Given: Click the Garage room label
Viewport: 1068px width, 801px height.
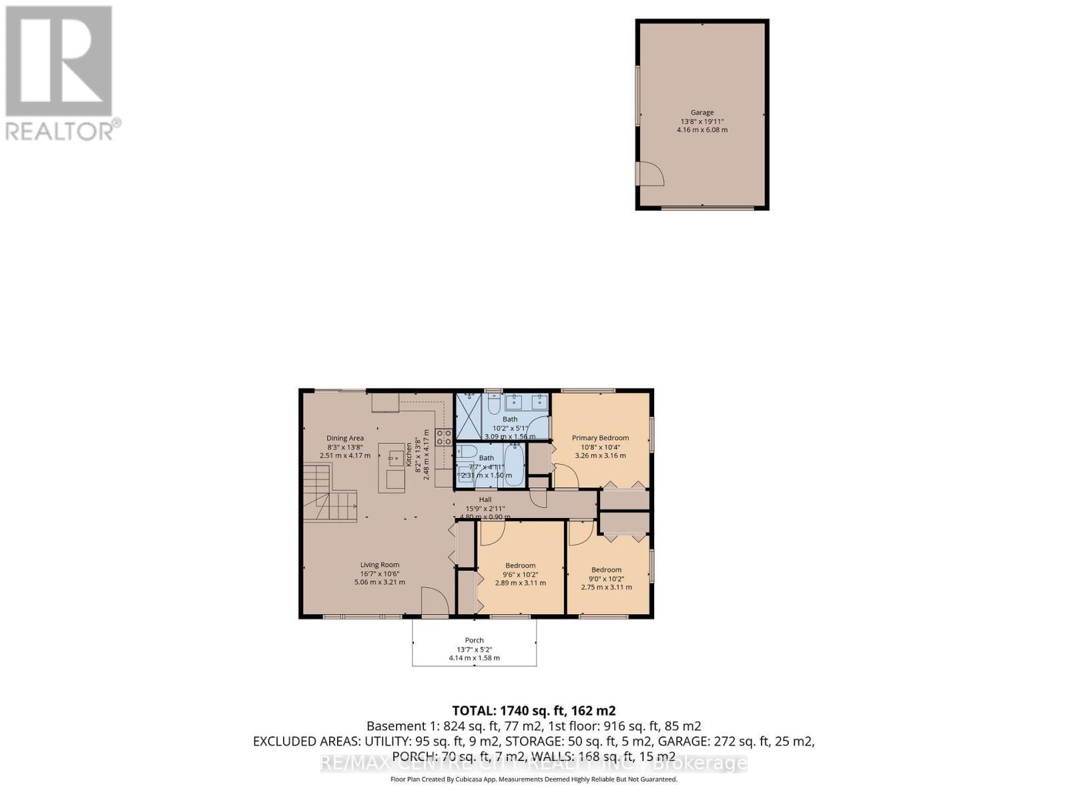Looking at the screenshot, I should coord(702,113).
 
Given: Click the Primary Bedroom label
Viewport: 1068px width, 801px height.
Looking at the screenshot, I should coord(600,438).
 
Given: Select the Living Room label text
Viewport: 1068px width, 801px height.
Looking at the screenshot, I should coord(380,565).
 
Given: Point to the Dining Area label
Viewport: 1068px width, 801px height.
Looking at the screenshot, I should coord(345,438).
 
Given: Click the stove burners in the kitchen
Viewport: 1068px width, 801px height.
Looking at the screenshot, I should coord(444,437).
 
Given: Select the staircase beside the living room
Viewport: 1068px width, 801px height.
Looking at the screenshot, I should coord(329,494).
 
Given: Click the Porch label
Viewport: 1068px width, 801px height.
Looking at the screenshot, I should coord(474,640).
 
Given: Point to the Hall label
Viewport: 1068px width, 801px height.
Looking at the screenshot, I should coord(485,499).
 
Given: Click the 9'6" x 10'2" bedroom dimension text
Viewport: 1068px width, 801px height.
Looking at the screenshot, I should coord(520,574).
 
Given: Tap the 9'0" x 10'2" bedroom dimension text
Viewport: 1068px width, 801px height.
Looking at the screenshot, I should coord(606,579).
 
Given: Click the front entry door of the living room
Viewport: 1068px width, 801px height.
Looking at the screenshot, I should coord(435,603).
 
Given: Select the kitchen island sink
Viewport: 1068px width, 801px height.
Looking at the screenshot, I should coord(394,459).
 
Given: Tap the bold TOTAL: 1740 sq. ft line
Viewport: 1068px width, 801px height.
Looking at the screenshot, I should coord(533,710).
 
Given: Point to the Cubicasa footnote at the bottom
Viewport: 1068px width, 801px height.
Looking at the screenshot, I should coord(533,779).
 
